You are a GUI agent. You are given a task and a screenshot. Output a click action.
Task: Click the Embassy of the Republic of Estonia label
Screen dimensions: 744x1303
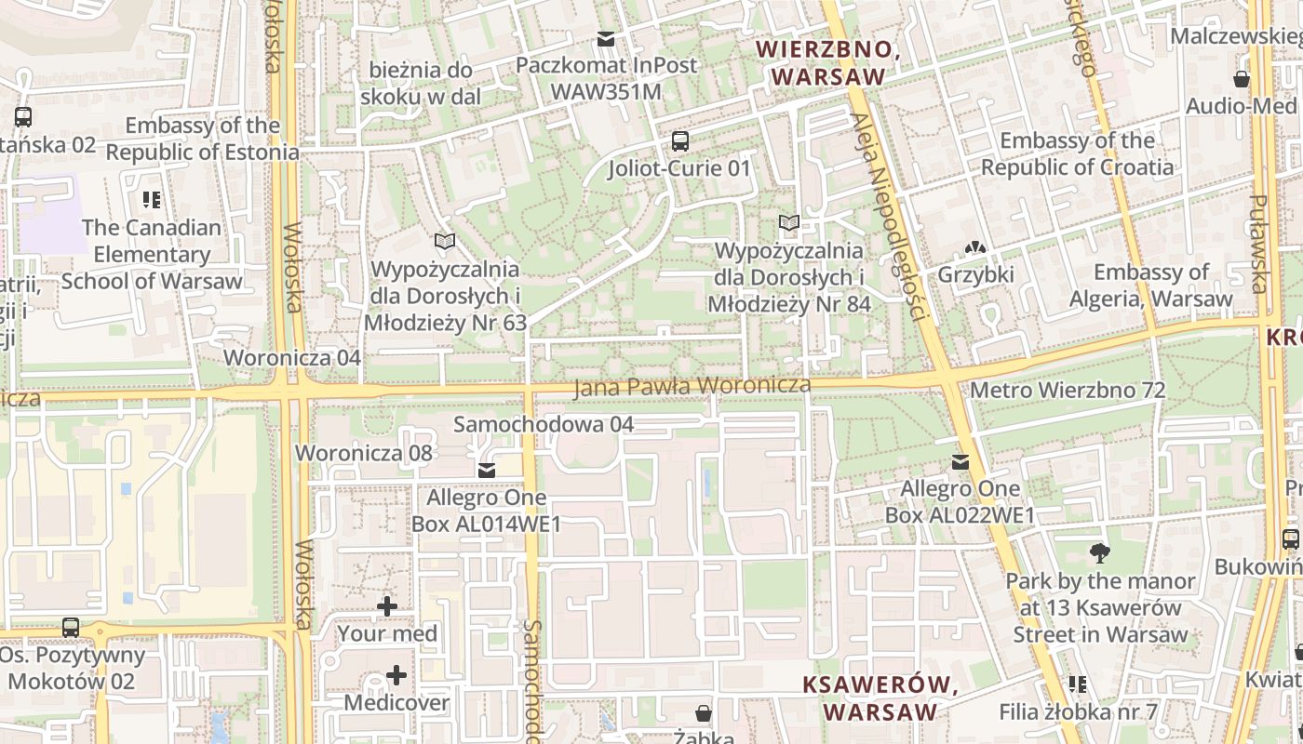[x=203, y=139]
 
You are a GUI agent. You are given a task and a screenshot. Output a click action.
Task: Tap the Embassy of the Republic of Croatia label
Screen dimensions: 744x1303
[x=1077, y=154]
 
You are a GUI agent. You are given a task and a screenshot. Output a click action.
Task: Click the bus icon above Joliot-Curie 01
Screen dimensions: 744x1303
[x=680, y=141]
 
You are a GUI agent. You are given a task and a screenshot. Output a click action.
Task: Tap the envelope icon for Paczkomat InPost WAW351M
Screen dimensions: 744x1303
[x=606, y=38]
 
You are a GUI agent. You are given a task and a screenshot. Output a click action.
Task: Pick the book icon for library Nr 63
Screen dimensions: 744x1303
[x=445, y=242]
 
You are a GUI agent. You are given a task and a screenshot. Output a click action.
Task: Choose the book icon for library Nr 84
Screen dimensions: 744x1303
[x=789, y=223]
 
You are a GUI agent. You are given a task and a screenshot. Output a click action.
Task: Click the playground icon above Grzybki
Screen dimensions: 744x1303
[x=975, y=248]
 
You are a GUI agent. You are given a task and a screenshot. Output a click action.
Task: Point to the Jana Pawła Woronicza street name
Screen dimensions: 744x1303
[x=692, y=385]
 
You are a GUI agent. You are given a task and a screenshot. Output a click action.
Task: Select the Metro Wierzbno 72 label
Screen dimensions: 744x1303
[x=1068, y=390]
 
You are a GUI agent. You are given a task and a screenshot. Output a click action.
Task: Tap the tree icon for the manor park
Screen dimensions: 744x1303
[x=1100, y=553]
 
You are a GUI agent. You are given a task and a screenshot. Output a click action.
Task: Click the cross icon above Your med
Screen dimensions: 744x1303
[x=387, y=607]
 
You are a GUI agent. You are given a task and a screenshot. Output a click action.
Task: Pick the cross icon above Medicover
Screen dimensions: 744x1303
[x=396, y=675]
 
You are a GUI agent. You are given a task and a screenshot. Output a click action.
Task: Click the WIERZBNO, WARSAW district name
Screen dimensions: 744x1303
[x=827, y=62]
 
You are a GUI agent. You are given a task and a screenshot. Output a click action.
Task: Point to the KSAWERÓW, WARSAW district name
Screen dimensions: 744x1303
[x=880, y=698]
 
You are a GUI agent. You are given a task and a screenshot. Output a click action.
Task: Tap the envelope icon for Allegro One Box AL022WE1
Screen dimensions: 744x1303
[x=960, y=462]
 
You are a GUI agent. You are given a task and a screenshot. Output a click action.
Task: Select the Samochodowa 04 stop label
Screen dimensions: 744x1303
[x=544, y=424]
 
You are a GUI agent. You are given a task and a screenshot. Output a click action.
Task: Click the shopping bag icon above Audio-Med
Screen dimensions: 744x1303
[x=1242, y=79]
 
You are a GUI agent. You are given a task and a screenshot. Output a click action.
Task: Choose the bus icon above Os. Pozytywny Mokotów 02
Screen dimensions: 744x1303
[x=71, y=628]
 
